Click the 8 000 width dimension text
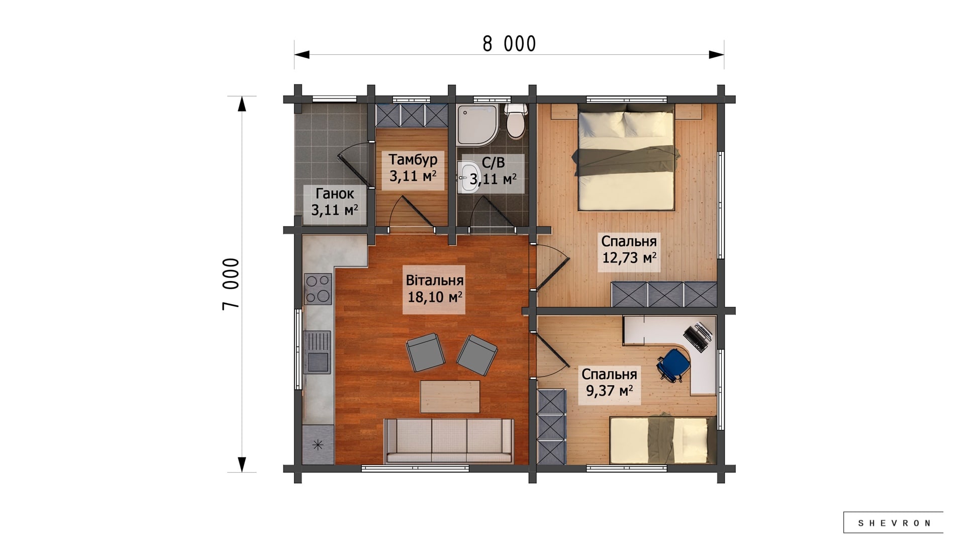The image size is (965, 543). click(509, 44)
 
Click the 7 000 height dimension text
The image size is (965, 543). click(231, 284)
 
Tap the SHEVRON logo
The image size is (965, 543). click(893, 523)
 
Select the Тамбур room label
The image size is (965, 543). click(413, 159)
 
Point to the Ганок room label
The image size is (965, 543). click(335, 194)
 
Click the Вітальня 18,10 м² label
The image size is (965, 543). click(435, 289)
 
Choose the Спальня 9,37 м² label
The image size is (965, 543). click(609, 382)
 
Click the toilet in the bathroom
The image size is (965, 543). click(516, 121)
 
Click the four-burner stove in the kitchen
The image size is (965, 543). click(318, 289)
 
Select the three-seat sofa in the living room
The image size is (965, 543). click(449, 441)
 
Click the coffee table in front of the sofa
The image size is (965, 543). click(450, 397)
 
